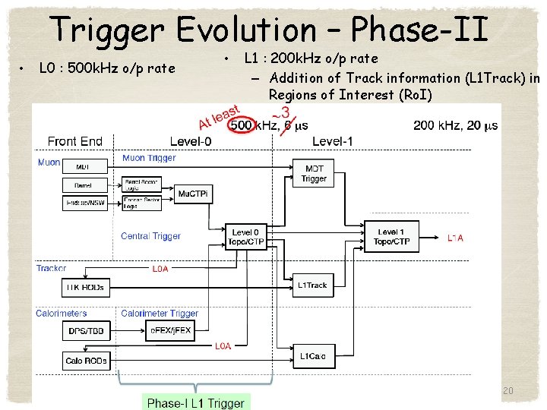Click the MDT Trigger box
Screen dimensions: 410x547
pos(314,174)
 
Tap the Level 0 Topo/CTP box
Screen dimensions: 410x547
pos(246,237)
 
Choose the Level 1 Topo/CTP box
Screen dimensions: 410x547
pos(391,237)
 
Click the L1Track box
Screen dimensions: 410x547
pos(312,285)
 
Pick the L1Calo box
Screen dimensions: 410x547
pos(312,356)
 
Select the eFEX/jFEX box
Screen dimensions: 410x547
pos(168,331)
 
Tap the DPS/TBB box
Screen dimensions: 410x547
pos(84,331)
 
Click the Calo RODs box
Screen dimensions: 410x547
pos(85,361)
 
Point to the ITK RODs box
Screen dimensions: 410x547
pos(85,287)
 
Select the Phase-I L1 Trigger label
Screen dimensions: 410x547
pos(196,403)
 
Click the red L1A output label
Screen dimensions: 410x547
pos(455,238)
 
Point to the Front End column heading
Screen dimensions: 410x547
pos(74,141)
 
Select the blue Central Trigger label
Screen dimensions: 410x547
pos(150,236)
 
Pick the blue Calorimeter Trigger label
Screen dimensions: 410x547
pos(160,313)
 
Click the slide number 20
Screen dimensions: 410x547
pos(508,390)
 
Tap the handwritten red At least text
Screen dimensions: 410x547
pos(220,117)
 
